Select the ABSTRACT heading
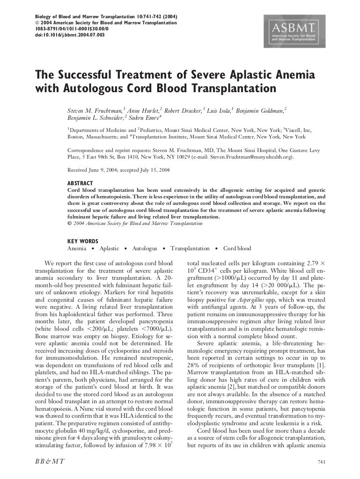80,183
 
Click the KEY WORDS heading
83,241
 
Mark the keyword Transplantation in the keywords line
190,248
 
